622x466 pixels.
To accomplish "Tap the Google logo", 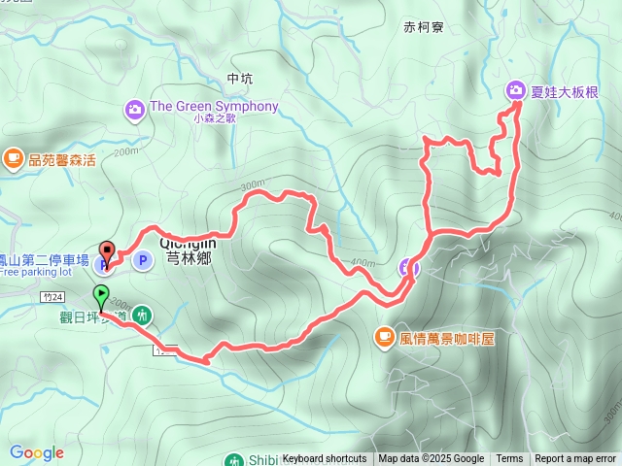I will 36,452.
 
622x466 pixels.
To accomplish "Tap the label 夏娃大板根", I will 565,92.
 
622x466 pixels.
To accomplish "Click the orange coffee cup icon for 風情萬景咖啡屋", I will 385,337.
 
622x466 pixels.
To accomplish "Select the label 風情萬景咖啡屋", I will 448,338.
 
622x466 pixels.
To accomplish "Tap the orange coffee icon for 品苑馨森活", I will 13,158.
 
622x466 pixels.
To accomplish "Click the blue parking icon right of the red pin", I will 142,259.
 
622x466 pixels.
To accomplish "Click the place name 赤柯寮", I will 423,28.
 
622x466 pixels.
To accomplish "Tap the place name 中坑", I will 238,79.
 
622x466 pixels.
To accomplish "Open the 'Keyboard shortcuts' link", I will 324,459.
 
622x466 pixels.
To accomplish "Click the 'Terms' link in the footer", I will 509,459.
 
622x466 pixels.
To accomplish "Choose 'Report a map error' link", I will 575,459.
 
